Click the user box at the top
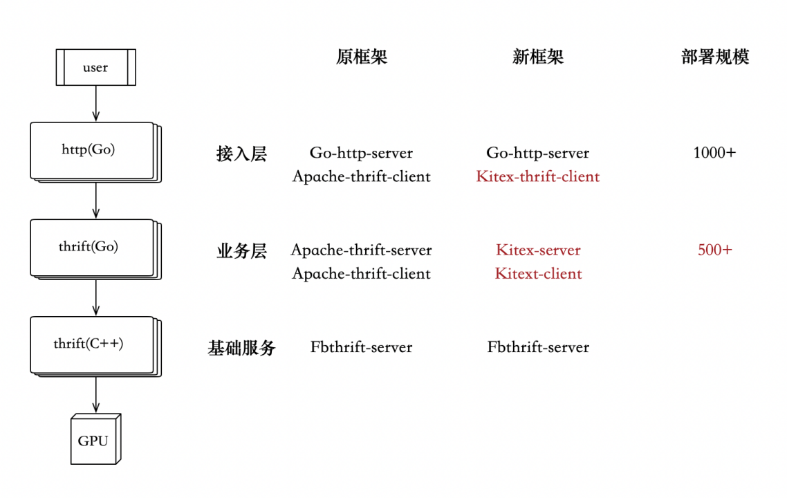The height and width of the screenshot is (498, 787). (95, 68)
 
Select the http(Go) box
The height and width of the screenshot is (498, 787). (91, 149)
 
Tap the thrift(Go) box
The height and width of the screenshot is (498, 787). (91, 247)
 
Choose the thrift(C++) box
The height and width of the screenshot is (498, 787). (91, 344)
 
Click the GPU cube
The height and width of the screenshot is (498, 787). (94, 441)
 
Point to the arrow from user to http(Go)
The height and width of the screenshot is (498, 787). (95, 104)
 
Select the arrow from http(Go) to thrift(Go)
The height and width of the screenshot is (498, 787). (95, 201)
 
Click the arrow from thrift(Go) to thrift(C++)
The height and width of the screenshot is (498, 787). (95, 298)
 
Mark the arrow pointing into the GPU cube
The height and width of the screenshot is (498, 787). (95, 395)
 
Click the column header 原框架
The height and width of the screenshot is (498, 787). (362, 57)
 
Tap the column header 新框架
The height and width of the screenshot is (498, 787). (538, 57)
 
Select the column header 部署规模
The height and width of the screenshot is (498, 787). (715, 57)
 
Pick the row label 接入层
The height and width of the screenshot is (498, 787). (241, 154)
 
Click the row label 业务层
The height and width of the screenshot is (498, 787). (241, 250)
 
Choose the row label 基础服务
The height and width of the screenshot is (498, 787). (241, 348)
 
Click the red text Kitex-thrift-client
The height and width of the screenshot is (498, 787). (538, 176)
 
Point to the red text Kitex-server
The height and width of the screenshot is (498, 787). (538, 250)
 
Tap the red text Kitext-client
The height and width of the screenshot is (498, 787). (538, 274)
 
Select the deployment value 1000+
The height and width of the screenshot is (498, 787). (714, 153)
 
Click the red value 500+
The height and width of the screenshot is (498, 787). (714, 250)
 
